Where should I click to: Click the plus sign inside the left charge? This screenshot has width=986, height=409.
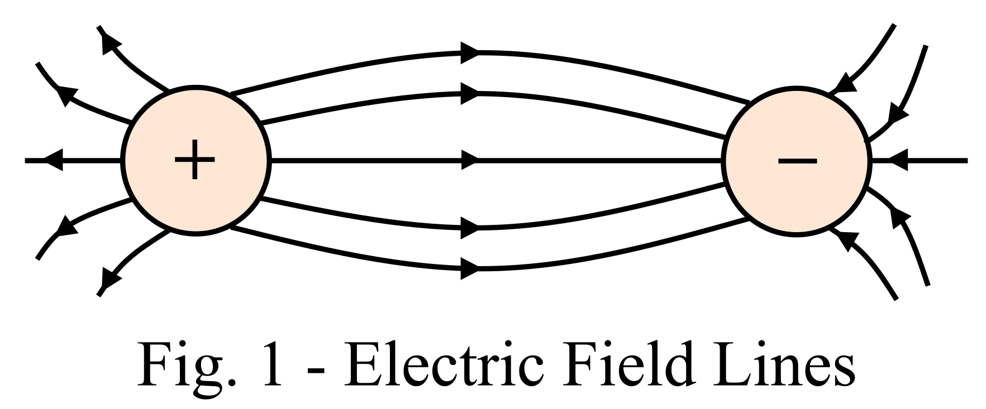tap(194, 161)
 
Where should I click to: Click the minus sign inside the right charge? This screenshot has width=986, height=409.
tap(797, 161)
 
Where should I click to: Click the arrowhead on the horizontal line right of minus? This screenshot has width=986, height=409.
tap(899, 161)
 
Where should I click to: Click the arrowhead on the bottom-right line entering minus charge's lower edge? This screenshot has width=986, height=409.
tap(846, 239)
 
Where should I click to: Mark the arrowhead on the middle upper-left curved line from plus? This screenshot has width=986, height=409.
tap(67, 95)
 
